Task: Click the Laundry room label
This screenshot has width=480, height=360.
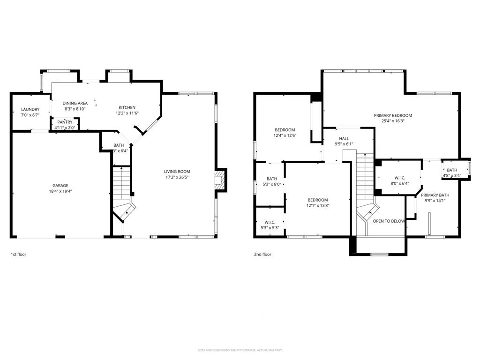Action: pyautogui.click(x=30, y=110)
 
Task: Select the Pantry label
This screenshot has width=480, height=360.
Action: pyautogui.click(x=65, y=122)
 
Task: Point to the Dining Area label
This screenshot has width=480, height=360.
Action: pyautogui.click(x=75, y=103)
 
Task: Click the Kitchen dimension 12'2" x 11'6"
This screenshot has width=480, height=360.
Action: pyautogui.click(x=127, y=113)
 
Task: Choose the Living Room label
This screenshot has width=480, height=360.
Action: pyautogui.click(x=177, y=172)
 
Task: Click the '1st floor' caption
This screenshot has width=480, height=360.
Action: pyautogui.click(x=19, y=255)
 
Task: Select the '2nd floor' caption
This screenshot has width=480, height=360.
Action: pyautogui.click(x=262, y=255)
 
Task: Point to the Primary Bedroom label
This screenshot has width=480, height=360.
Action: pyautogui.click(x=393, y=115)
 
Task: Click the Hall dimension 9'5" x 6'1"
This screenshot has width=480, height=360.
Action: pyautogui.click(x=344, y=144)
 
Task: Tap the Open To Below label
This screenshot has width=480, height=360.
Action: pyautogui.click(x=389, y=221)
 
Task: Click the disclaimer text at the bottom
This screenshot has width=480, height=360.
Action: pyautogui.click(x=240, y=350)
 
